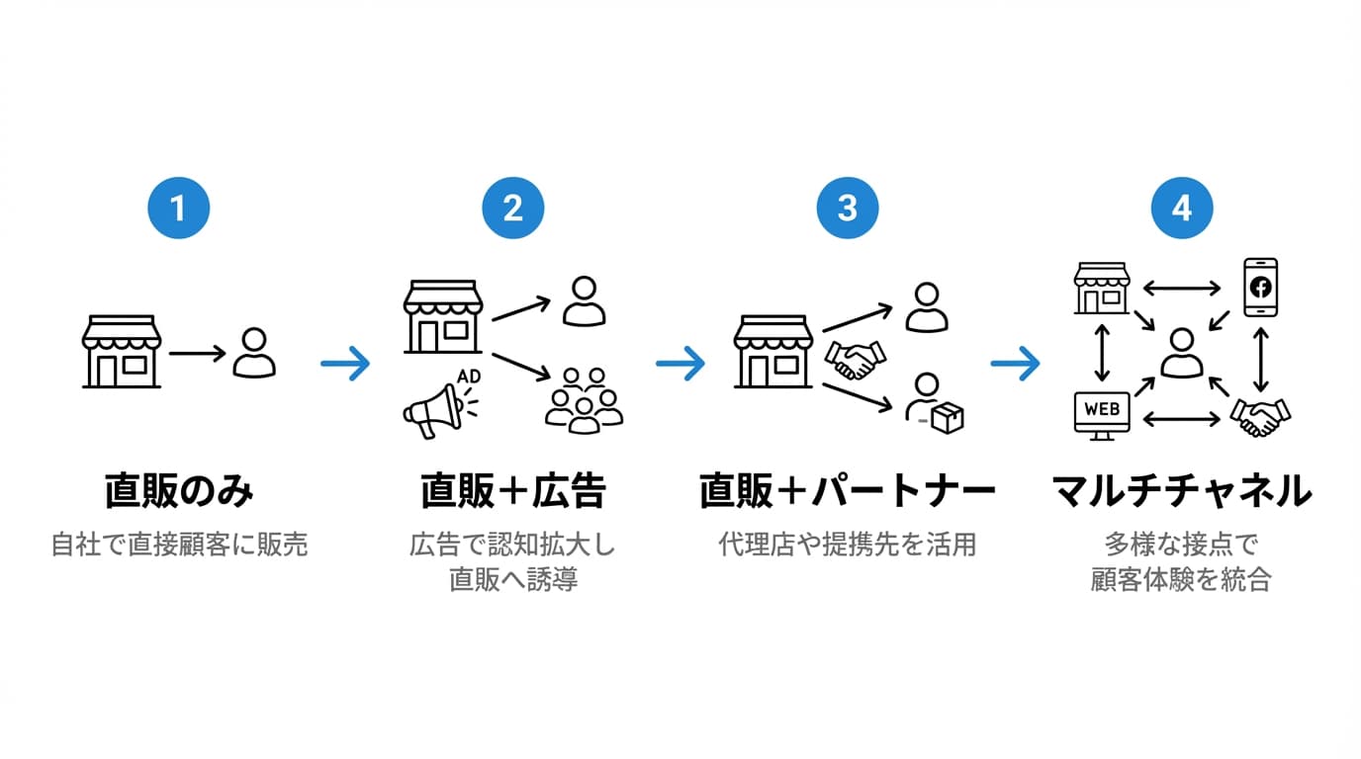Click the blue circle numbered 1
(178, 210)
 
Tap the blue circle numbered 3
(848, 210)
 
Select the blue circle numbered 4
(1182, 210)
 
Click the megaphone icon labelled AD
(436, 409)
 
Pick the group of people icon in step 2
(584, 400)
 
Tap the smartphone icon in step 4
(1260, 287)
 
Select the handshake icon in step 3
(856, 361)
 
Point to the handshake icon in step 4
(1260, 416)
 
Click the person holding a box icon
(934, 403)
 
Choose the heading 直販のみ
(179, 491)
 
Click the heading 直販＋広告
(512, 491)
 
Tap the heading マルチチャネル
(1182, 491)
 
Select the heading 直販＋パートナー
(848, 491)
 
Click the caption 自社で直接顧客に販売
(179, 545)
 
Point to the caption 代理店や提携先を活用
(848, 545)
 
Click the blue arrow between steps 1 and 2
(345, 364)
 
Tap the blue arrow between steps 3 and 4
(1015, 364)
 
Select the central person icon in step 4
(1182, 353)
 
